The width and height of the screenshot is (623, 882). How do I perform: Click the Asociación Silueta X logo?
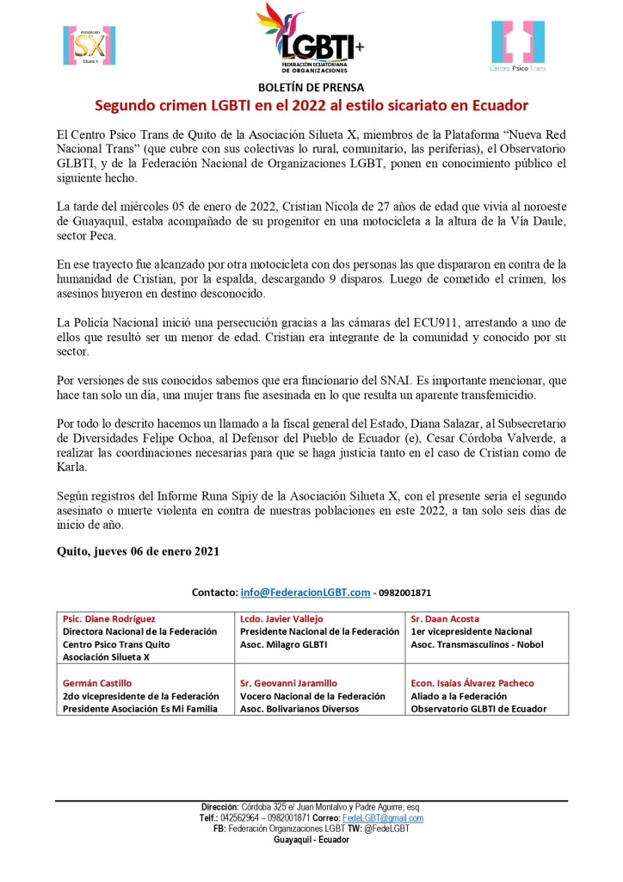[89, 47]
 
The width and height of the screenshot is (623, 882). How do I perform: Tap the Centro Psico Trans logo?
[518, 46]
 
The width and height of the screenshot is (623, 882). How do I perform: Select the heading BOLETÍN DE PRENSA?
[311, 87]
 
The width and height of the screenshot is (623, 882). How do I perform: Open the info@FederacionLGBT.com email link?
[305, 593]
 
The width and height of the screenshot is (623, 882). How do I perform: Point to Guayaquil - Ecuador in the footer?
[311, 839]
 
